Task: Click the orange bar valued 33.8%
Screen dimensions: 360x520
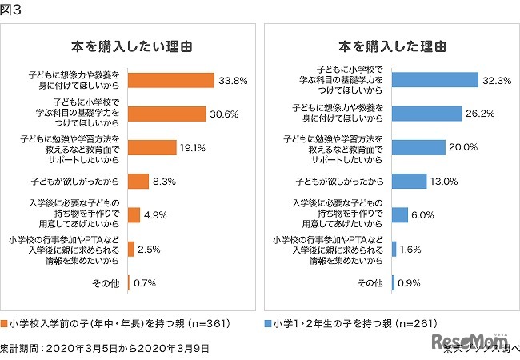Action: coord(170,80)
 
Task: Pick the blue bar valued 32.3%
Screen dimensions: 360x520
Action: coord(435,80)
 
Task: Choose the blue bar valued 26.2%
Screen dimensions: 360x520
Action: coord(427,114)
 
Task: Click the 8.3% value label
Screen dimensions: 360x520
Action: coord(165,182)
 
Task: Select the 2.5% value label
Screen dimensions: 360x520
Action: coord(150,250)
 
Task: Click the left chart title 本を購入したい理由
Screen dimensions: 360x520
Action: coord(131,46)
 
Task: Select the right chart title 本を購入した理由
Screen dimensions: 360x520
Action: coord(391,46)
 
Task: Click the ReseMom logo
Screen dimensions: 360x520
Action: coord(465,343)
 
